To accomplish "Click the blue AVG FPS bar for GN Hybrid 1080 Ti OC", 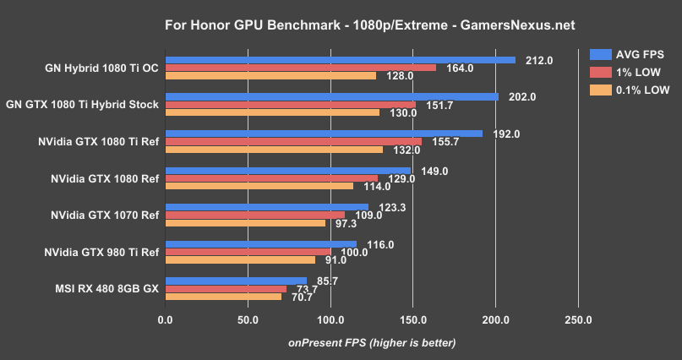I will (340, 60).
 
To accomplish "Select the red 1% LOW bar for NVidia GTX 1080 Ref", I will (271, 178).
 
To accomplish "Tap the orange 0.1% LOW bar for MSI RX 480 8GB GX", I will (223, 296).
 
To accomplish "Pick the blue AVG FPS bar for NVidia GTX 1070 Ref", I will (266, 207).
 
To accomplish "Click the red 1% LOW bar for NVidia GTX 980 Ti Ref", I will (248, 251).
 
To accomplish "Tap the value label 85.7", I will (326, 280).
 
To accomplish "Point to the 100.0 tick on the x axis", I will (330, 320).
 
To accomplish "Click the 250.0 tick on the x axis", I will (578, 320).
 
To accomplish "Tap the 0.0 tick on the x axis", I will (166, 320).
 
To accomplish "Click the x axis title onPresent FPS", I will (372, 342).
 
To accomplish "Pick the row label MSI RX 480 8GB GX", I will (106, 288).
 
